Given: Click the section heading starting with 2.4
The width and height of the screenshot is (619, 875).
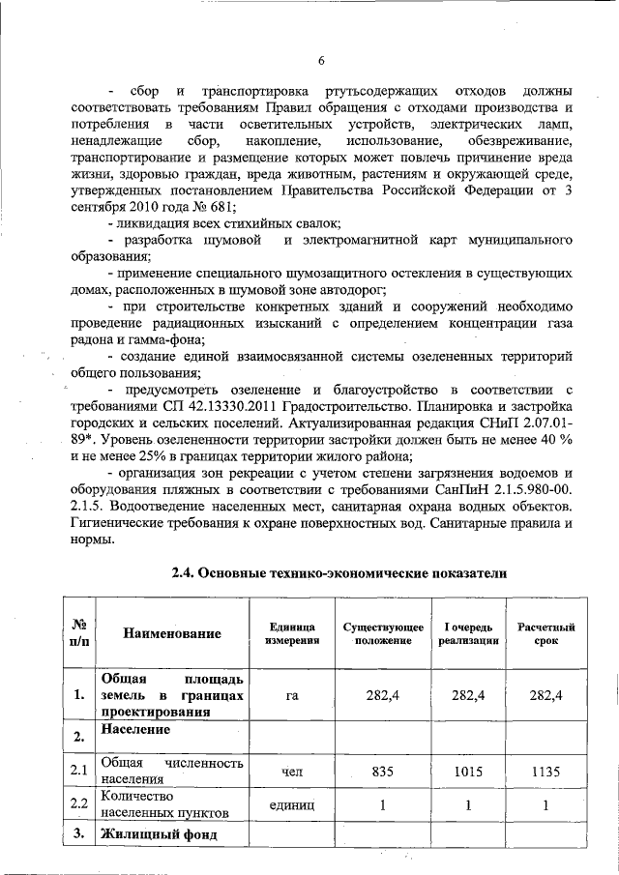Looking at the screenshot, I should pyautogui.click(x=339, y=572).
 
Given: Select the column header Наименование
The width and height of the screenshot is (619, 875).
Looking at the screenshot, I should pyautogui.click(x=171, y=633).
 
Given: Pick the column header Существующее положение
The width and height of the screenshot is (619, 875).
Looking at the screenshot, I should pyautogui.click(x=383, y=633).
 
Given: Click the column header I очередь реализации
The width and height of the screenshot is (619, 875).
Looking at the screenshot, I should pyautogui.click(x=468, y=633).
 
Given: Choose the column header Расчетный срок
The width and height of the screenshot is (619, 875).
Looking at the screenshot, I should pyautogui.click(x=546, y=633).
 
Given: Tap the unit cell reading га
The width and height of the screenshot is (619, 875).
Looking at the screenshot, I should pyautogui.click(x=291, y=695).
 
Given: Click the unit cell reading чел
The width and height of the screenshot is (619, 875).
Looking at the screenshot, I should pyautogui.click(x=291, y=772).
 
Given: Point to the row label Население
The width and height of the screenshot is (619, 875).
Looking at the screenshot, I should pyautogui.click(x=134, y=729).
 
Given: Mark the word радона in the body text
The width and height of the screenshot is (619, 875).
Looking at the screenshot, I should pyautogui.click(x=92, y=339).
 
